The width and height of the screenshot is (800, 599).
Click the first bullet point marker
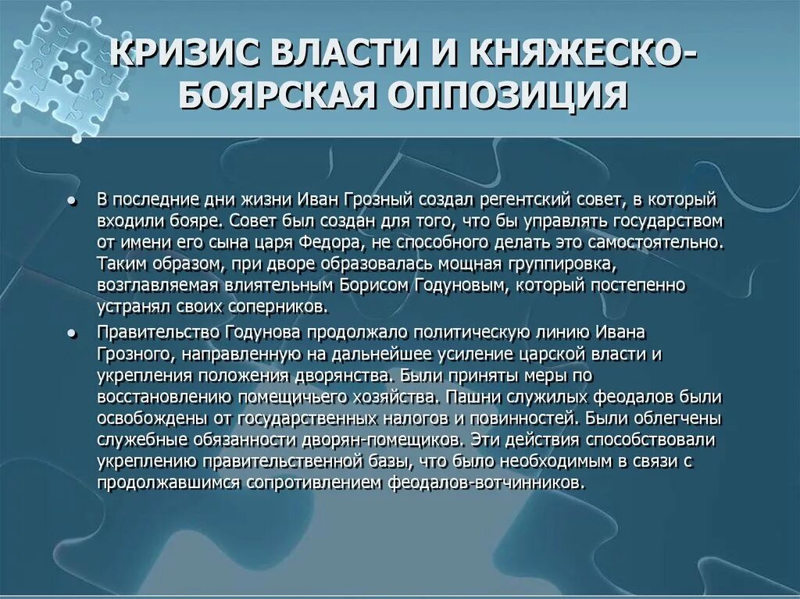[x=71, y=201]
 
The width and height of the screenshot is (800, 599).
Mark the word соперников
[x=274, y=305]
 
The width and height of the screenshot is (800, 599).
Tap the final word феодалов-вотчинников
[x=485, y=482]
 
